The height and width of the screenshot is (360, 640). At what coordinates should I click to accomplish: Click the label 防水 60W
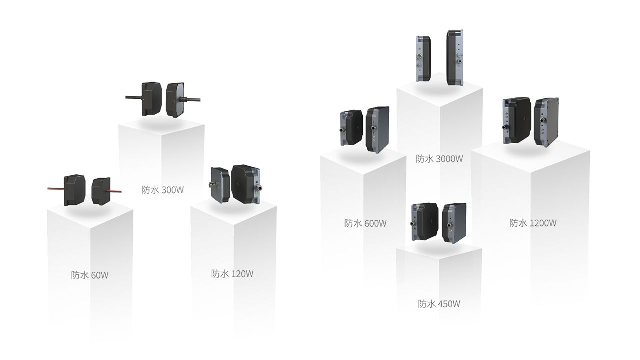[90, 275]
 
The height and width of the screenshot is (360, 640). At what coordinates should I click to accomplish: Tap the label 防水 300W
[163, 190]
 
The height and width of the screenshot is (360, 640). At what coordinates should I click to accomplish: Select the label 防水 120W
[232, 274]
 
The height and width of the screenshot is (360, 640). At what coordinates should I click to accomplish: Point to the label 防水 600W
[365, 223]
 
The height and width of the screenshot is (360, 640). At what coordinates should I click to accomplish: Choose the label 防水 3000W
[439, 159]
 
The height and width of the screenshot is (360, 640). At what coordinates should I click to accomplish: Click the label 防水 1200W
[533, 223]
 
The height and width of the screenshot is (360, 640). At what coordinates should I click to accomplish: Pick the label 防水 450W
[439, 304]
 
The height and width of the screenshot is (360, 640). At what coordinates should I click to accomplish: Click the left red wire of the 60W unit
[56, 189]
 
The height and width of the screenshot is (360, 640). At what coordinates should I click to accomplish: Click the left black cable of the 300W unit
[134, 97]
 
